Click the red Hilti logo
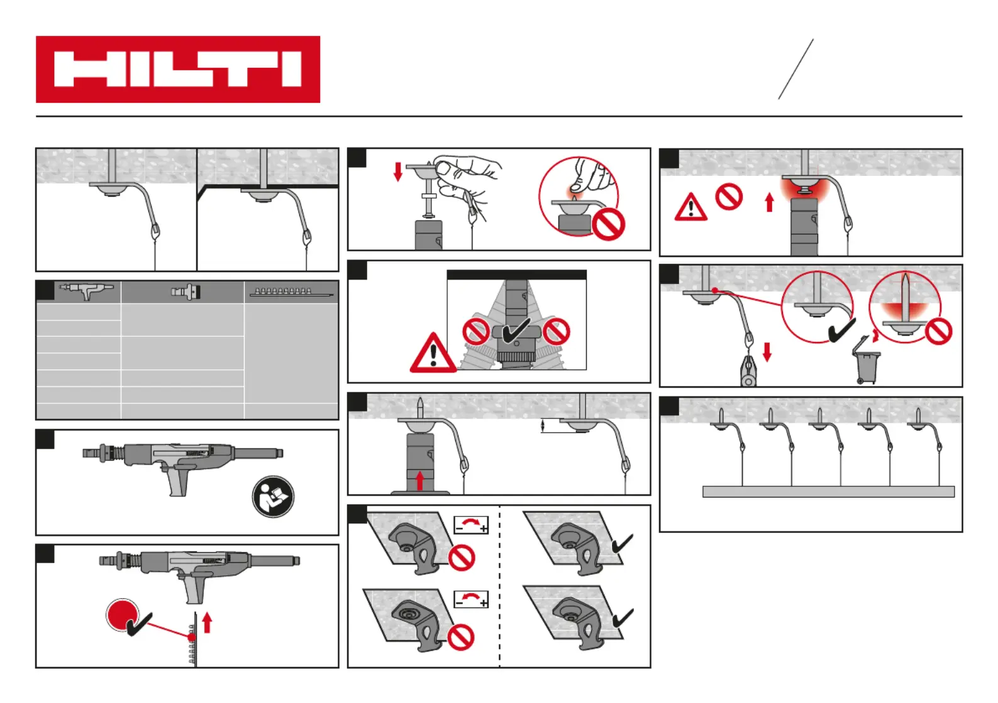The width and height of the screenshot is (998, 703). coord(178,69)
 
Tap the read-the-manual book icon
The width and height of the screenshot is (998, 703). coord(273,496)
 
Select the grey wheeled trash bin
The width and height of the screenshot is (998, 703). coord(866,362)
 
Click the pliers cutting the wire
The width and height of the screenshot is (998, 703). coord(748,371)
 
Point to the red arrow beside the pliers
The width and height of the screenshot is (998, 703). coord(767,352)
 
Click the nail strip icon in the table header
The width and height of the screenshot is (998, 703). coord(291,292)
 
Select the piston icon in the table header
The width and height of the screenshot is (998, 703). coord(186,292)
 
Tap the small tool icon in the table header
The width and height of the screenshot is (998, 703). coord(86,290)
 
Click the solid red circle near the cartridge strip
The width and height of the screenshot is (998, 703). coord(122,614)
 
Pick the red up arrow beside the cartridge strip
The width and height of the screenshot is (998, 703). coord(207,623)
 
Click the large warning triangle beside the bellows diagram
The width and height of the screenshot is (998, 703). coord(433,353)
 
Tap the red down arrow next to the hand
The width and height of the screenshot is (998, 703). coord(397,172)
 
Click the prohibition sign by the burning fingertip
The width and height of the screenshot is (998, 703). coord(608,224)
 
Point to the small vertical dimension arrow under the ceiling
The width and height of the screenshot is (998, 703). coord(543,426)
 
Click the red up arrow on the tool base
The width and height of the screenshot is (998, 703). coord(420,481)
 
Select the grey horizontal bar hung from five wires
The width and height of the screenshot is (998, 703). coord(828,492)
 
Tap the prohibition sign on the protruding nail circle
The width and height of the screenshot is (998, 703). coord(938,331)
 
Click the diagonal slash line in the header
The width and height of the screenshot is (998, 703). coord(796,69)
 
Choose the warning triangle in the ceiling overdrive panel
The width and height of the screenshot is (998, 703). coord(690,207)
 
